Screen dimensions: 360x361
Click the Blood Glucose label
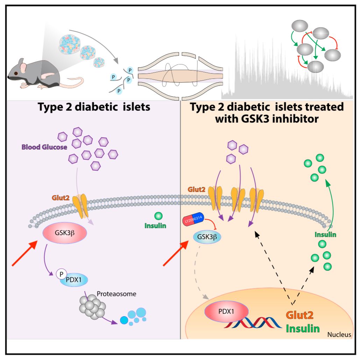pos(44,147)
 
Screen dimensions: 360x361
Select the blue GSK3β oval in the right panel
pos(207,237)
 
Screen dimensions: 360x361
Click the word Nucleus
pos(339,335)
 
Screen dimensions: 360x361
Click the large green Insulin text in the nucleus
pos(303,328)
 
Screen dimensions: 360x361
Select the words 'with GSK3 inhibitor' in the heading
pos(267,119)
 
